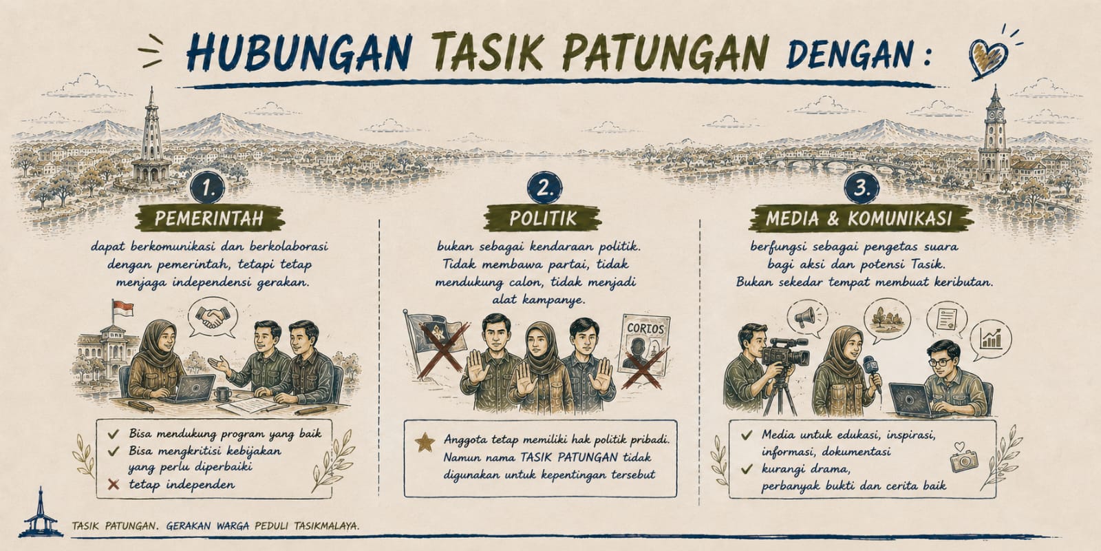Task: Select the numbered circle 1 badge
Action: pos(207,189)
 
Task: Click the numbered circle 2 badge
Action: pos(544,188)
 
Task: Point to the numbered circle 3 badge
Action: pos(861,188)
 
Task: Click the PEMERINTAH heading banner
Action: pos(210,218)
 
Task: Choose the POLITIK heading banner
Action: pos(543,218)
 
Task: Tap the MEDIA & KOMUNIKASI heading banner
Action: pos(860,218)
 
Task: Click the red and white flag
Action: pos(123,309)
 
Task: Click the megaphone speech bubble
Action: pos(807,318)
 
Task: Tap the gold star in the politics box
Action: pos(425,441)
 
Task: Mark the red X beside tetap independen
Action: pos(114,485)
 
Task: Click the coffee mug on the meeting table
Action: pos(223,393)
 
